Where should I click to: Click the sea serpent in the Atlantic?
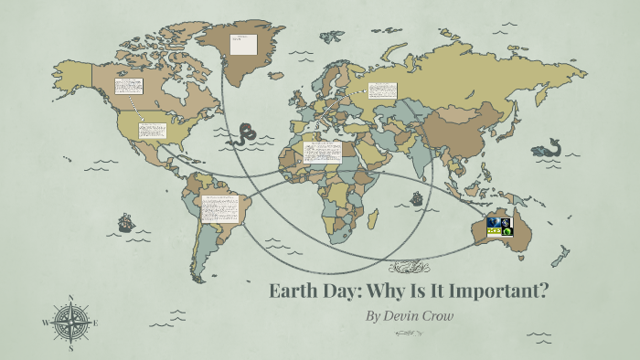tap(244, 134)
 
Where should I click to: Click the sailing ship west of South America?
tap(125, 223)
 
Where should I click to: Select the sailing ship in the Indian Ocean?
tap(416, 197)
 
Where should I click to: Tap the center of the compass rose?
tap(70, 323)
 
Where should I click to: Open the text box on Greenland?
tap(242, 43)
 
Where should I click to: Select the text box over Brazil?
tap(220, 209)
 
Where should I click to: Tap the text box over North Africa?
tap(322, 152)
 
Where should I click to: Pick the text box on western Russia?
tap(382, 91)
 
